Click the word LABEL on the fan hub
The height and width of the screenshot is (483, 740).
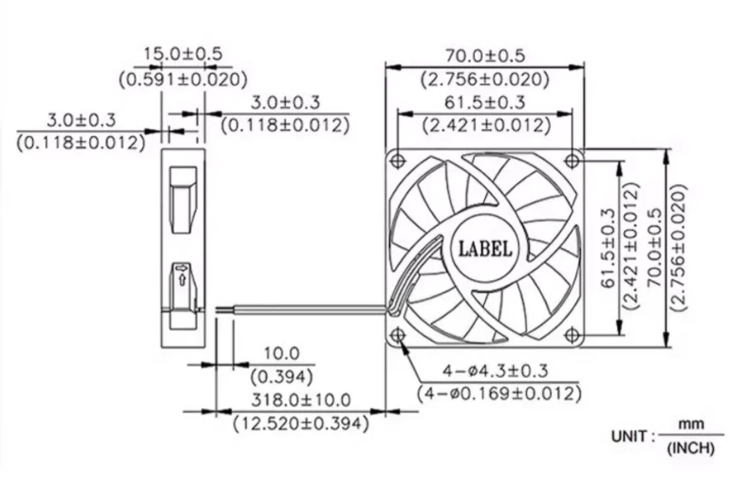486,248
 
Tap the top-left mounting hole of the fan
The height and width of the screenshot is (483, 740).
398,158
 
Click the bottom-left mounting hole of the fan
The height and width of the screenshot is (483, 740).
398,335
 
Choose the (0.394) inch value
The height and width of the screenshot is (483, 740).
282,377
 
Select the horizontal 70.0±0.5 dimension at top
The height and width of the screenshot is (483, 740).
486,56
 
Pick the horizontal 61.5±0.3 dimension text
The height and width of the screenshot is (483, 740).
486,103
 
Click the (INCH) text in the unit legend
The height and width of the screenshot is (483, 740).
689,451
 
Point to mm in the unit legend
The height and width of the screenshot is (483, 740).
689,424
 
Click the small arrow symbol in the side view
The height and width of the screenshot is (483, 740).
181,278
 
